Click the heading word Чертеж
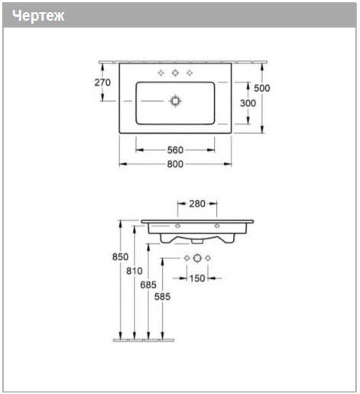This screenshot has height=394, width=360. click(x=38, y=16)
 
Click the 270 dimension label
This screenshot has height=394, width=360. click(x=102, y=83)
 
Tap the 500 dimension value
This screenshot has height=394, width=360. click(x=262, y=88)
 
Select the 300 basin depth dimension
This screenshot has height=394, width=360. click(x=248, y=103)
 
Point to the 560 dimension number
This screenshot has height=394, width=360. click(x=175, y=150)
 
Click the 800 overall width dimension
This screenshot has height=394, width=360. click(x=175, y=164)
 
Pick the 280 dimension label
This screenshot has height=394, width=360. click(x=197, y=204)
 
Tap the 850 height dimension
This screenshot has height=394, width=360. click(x=120, y=257)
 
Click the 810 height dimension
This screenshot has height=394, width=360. click(x=135, y=271)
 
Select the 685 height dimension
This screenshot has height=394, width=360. click(x=148, y=285)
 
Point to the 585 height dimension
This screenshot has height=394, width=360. click(x=162, y=297)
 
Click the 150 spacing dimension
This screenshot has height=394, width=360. click(x=197, y=278)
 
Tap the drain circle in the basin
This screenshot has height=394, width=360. click(x=175, y=101)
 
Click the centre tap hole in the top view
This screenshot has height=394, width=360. click(x=175, y=73)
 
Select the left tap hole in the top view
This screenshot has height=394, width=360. click(x=161, y=73)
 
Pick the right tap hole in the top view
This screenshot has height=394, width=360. click(x=190, y=73)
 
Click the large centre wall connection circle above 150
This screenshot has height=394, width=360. click(x=197, y=258)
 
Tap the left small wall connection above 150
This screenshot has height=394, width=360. click(x=186, y=258)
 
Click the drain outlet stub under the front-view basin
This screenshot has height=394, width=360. click(x=197, y=241)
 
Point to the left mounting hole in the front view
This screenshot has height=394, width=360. click(x=177, y=226)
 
